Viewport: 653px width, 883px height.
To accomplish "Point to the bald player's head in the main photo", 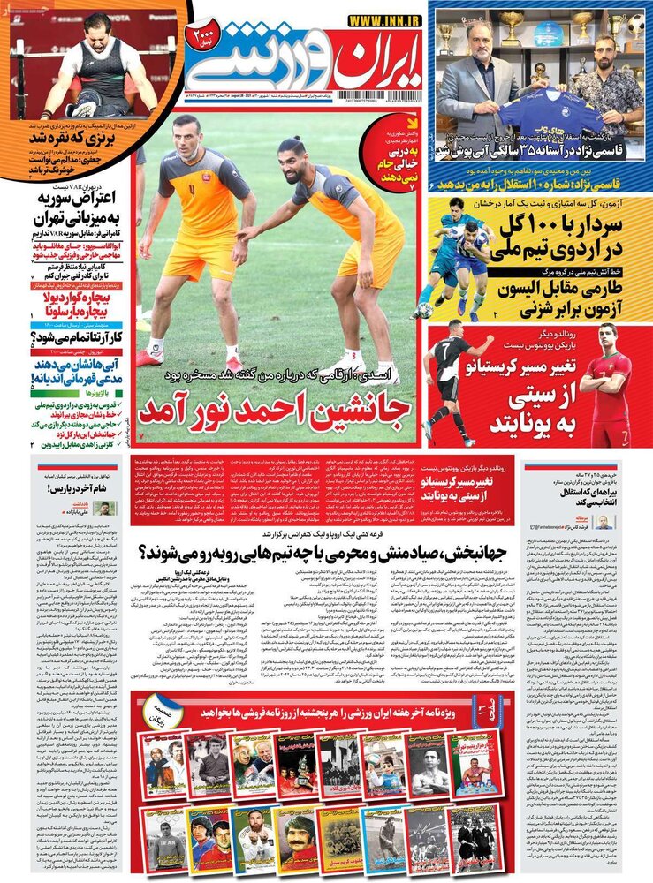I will pos(187,132).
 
